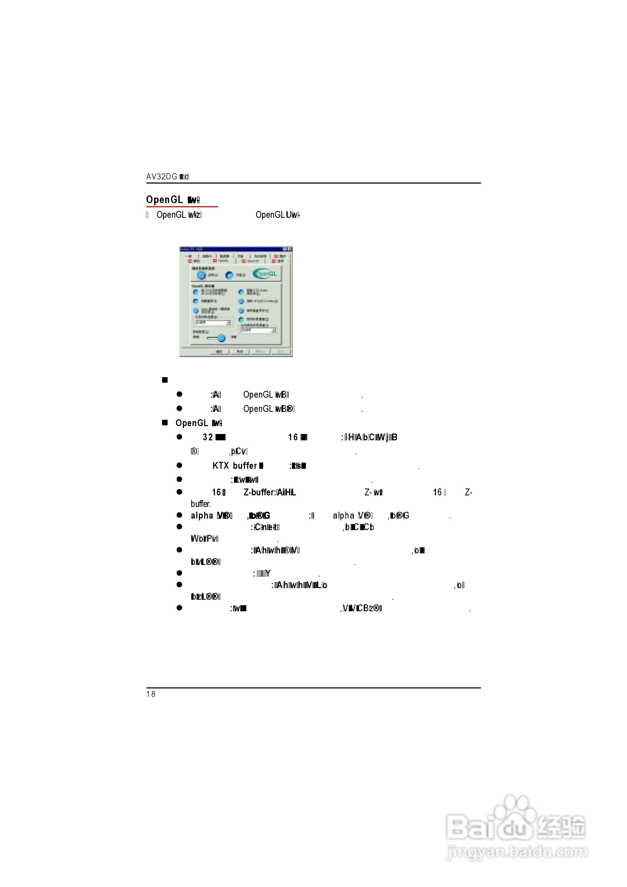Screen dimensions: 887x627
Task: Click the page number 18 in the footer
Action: click(151, 694)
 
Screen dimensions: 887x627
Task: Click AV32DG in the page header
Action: click(161, 176)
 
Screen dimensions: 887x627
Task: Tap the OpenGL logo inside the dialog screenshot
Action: click(265, 274)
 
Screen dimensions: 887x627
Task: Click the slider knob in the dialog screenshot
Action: click(221, 338)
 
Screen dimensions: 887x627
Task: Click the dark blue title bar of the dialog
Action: click(232, 249)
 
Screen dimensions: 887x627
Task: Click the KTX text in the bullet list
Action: click(221, 466)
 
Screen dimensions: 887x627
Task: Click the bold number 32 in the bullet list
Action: click(208, 437)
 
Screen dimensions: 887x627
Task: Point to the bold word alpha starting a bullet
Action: click(202, 515)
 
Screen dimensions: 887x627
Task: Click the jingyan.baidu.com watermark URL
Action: click(517, 852)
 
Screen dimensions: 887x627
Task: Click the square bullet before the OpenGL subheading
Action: click(165, 423)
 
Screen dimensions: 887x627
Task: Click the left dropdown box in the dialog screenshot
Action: click(212, 322)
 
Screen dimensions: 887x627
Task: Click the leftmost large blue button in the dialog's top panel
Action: click(201, 275)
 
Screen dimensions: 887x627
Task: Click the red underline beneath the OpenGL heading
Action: click(182, 207)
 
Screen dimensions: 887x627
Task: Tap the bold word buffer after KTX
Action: click(245, 466)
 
